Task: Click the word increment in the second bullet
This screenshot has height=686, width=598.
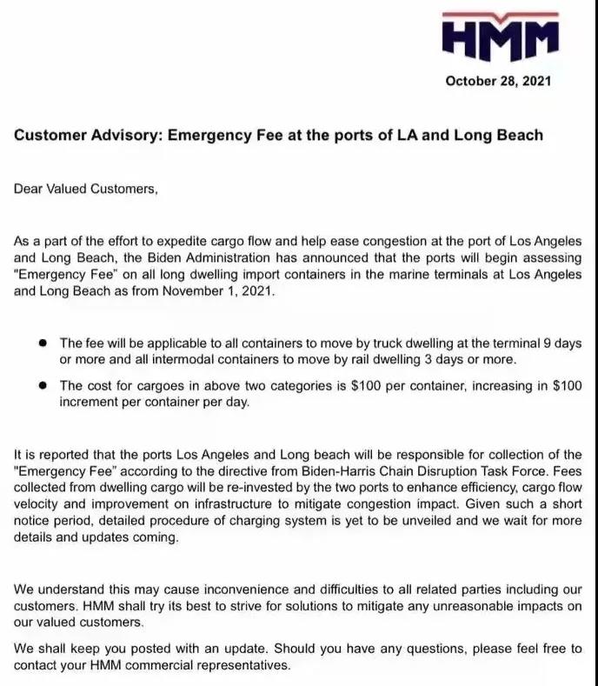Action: tap(92, 402)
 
